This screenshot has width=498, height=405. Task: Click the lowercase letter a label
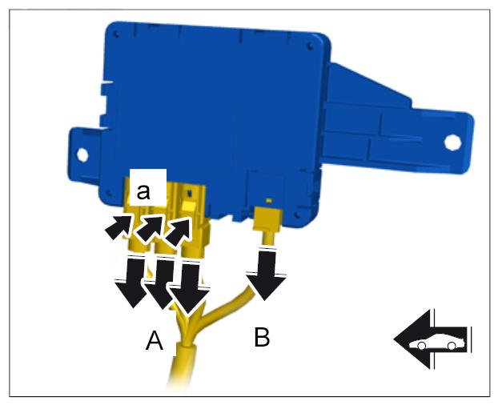coord(143,191)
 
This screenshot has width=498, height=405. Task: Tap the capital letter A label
coord(155,341)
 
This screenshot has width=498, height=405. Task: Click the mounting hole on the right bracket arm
coord(452,142)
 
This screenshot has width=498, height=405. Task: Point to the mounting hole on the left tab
coord(82,155)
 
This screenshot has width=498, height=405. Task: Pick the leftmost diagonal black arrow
coord(118,226)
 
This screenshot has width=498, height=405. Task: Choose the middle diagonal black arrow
coord(149,227)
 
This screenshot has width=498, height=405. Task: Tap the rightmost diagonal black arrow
coord(179,231)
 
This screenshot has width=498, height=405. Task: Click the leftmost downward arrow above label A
coord(132,281)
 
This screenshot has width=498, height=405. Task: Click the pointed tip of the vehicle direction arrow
coord(394,339)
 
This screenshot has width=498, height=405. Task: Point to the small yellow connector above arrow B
coord(267,219)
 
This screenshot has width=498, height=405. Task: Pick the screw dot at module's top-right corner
coord(311,47)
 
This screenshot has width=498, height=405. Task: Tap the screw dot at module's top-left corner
coord(115,34)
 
